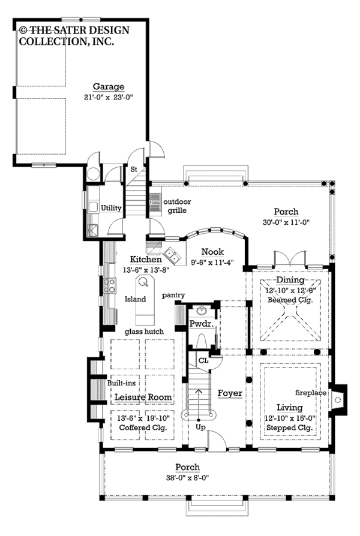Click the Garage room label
(x=109, y=87)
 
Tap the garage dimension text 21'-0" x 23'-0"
(x=109, y=97)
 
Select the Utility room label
(x=111, y=208)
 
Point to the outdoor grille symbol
(x=156, y=204)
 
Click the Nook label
(x=212, y=252)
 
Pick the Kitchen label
(x=146, y=259)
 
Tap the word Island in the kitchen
(x=135, y=299)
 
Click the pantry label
(x=173, y=295)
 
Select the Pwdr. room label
(x=202, y=323)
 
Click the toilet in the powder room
(x=202, y=341)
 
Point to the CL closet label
(x=203, y=361)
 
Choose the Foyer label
(x=230, y=393)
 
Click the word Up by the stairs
(x=200, y=427)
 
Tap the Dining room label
(x=290, y=280)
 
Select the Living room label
(x=290, y=408)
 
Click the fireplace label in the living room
(x=311, y=393)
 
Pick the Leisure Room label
(x=143, y=398)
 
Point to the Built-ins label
(x=121, y=383)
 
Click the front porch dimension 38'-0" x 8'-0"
(x=188, y=478)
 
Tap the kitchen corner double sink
(x=172, y=255)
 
